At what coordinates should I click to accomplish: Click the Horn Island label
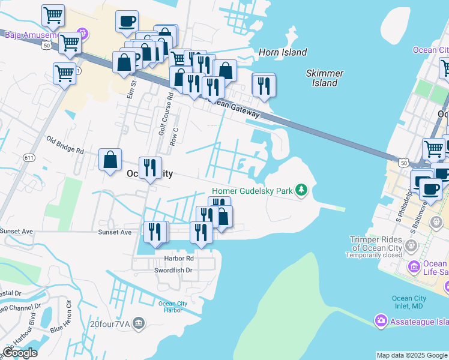point(283,52)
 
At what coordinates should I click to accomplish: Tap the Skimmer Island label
point(325,78)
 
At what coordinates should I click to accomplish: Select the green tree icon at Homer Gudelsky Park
point(301,191)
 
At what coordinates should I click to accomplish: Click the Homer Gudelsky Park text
point(251,191)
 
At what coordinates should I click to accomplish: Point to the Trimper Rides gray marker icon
point(411,245)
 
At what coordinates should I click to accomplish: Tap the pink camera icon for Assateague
point(381,321)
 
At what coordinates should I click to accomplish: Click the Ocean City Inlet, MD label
point(411,303)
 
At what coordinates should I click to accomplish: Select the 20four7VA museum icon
point(139,324)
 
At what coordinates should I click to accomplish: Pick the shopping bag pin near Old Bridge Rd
point(110,160)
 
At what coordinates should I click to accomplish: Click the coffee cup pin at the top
point(127,23)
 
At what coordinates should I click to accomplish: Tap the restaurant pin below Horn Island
point(264,86)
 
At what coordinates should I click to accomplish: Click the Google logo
point(19,353)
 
